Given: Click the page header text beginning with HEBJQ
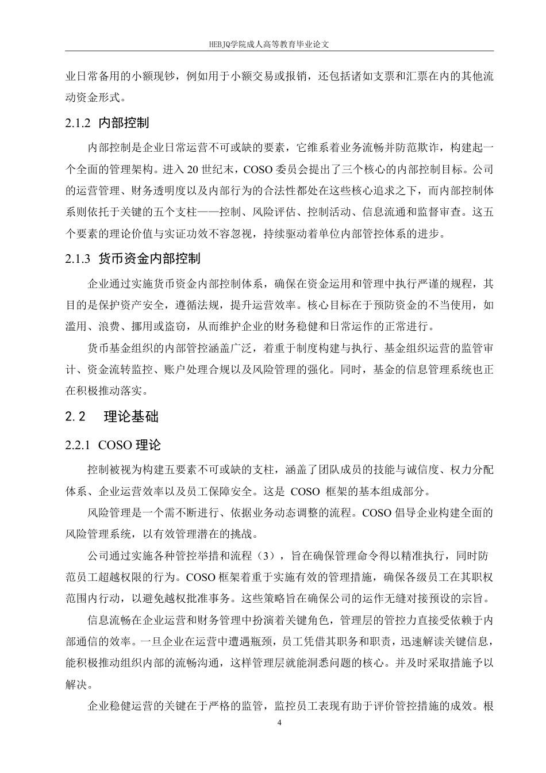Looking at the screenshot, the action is coord(273,43).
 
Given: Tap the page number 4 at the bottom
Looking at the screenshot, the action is coord(279,722).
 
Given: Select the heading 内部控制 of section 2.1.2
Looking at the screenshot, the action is coord(124,123).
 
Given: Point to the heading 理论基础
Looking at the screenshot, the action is coord(131,417).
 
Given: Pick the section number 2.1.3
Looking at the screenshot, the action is coord(78,259).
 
